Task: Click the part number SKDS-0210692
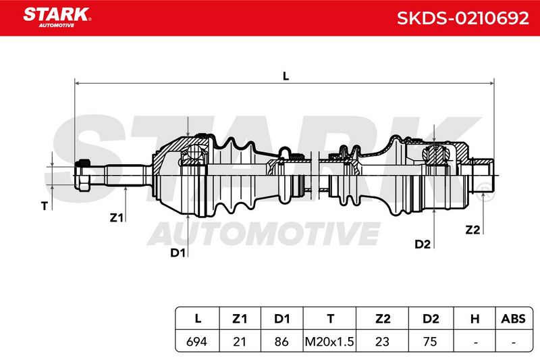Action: click(x=462, y=18)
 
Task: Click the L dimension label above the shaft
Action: click(x=286, y=76)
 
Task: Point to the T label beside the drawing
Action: click(x=44, y=206)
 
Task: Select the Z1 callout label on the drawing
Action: click(x=116, y=217)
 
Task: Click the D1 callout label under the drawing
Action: click(x=178, y=253)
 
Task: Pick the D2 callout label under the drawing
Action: click(x=423, y=244)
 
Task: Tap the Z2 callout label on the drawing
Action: click(x=473, y=230)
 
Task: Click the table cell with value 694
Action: click(x=196, y=341)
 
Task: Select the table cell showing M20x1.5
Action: click(x=329, y=341)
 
